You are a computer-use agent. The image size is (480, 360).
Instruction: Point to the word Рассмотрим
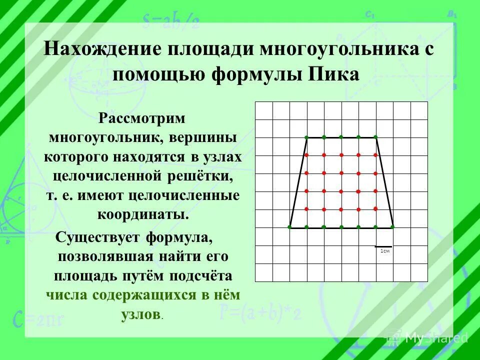click(x=142, y=119)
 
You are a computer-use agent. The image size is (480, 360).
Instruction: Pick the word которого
click(x=78, y=156)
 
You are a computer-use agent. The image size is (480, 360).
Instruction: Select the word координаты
click(x=142, y=214)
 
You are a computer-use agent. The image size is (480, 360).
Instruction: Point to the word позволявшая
click(x=110, y=256)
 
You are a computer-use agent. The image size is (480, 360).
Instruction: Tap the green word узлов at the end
click(x=140, y=314)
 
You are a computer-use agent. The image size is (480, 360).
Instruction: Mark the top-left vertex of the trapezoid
click(x=306, y=137)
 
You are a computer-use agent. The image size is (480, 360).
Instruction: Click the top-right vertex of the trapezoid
click(x=375, y=137)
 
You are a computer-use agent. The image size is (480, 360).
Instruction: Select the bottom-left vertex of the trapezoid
click(x=289, y=227)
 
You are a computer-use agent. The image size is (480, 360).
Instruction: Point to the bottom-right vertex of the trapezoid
click(x=393, y=227)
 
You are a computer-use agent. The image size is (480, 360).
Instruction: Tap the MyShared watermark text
click(x=436, y=337)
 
